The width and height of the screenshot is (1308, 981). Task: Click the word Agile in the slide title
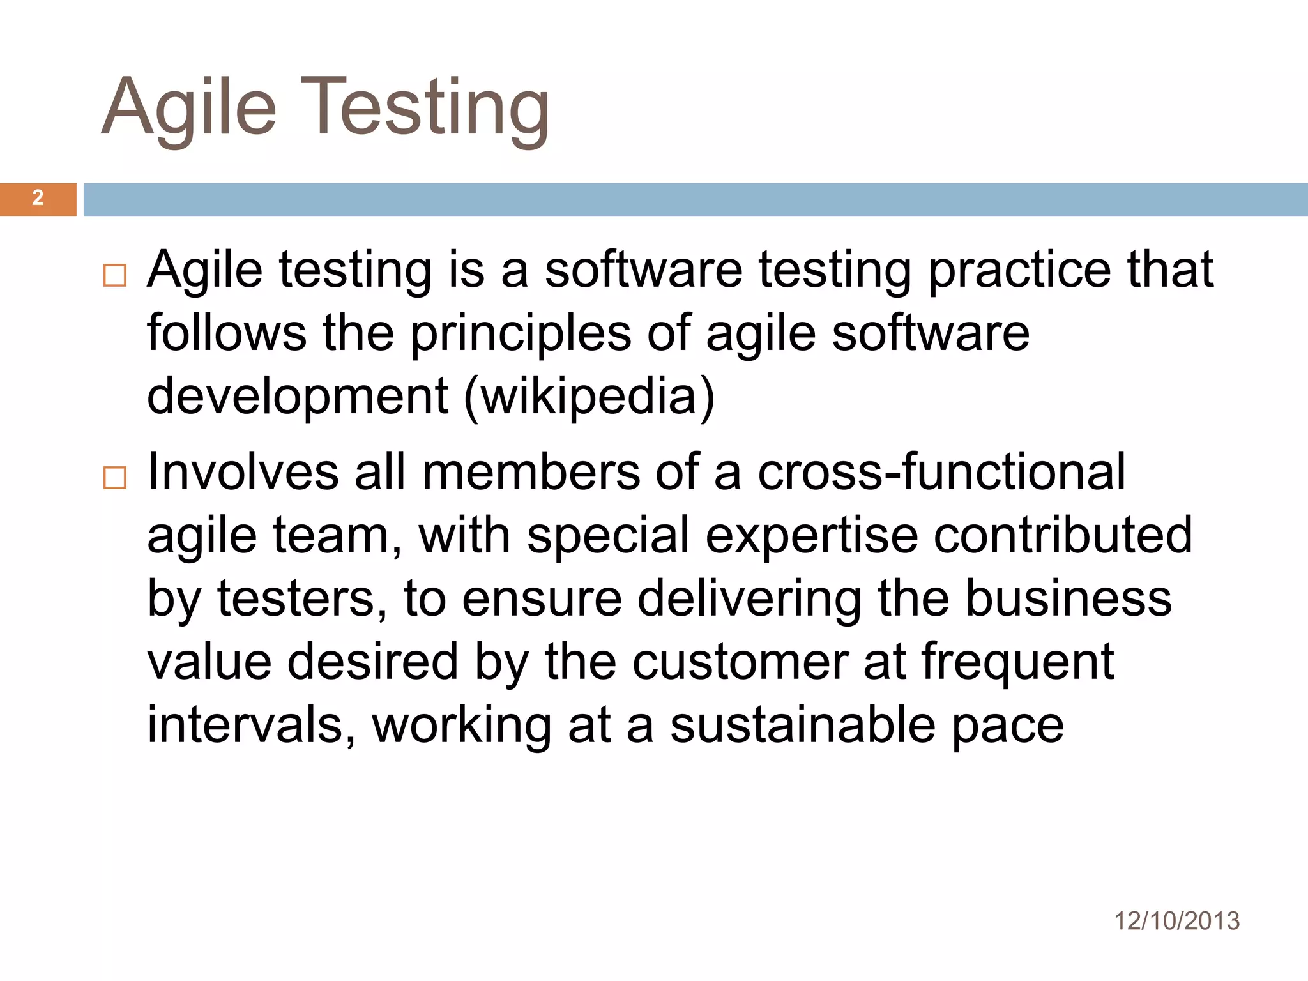point(188,107)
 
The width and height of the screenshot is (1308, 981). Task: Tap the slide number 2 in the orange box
point(38,198)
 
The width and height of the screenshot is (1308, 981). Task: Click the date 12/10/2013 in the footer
point(1176,921)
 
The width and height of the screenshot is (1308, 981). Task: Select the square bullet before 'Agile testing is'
point(115,276)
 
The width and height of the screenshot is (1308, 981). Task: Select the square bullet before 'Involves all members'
point(115,478)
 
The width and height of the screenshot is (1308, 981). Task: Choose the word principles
point(520,335)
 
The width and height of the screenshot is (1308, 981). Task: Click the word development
point(298,396)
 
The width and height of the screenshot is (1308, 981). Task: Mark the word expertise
point(811,535)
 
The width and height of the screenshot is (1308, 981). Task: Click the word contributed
point(1063,535)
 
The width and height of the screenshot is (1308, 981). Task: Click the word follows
point(227,333)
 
